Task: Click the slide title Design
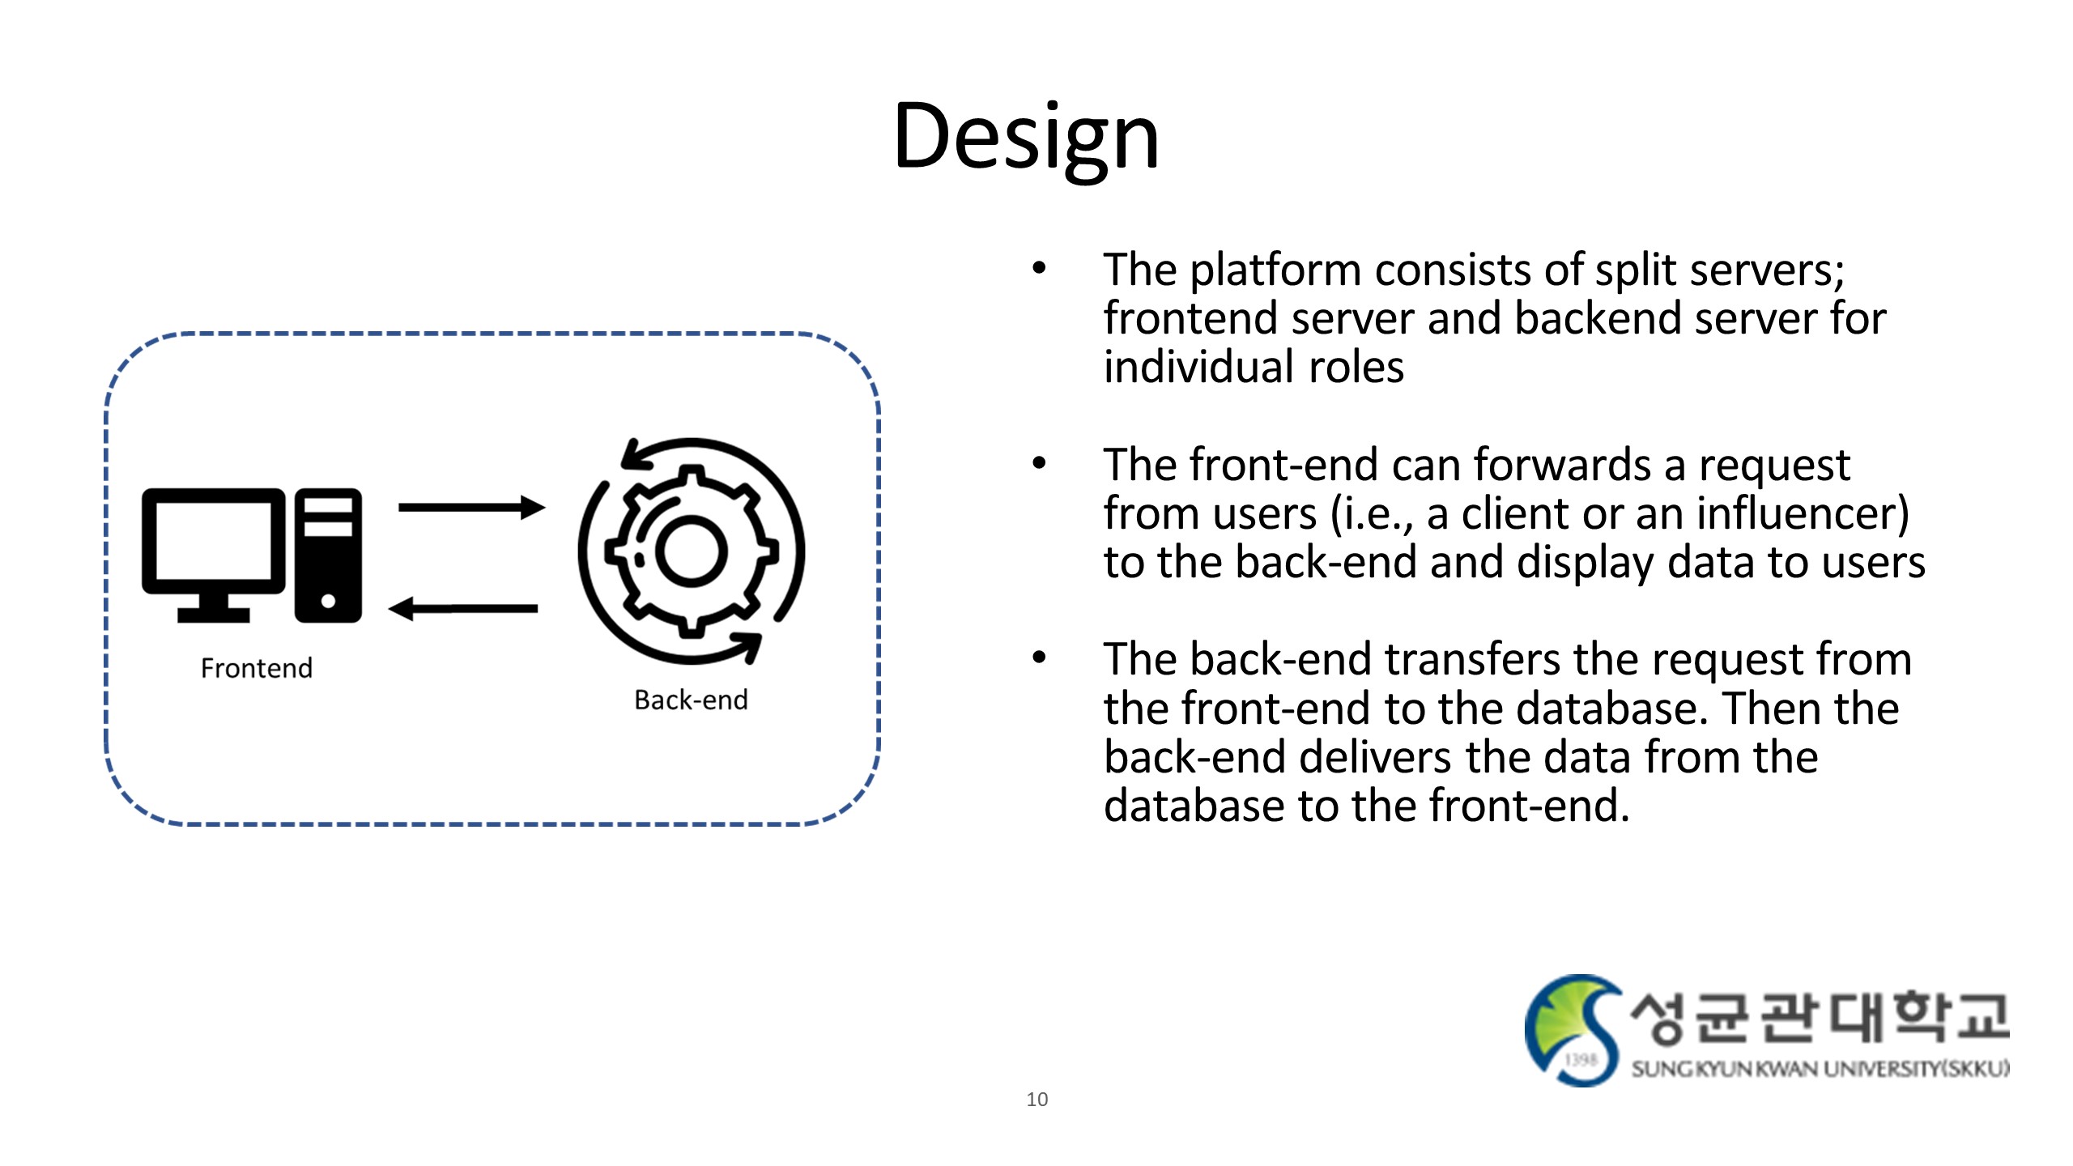pos(1026,136)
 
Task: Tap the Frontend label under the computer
pos(256,668)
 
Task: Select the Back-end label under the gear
pos(691,700)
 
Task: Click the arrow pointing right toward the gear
pos(471,508)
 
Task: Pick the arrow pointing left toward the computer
pos(463,608)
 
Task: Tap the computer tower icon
pos(328,555)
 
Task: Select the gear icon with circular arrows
pos(692,551)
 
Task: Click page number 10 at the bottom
pos(1036,1099)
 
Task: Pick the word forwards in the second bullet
pos(1561,465)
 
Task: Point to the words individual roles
pos(1254,368)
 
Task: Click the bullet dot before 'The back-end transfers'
pos(1039,657)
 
